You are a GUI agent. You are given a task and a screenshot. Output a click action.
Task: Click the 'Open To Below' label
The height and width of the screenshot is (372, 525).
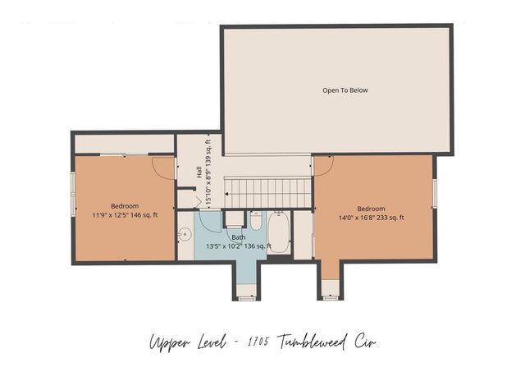coord(345,90)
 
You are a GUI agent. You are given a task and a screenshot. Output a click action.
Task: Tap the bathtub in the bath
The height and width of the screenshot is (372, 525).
coord(279,232)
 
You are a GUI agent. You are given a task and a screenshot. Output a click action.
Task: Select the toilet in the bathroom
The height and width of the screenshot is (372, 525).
coord(255,222)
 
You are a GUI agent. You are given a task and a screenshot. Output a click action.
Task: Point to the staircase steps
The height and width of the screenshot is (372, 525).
coord(269,193)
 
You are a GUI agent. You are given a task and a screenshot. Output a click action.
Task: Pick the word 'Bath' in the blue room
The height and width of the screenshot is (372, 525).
coord(238,237)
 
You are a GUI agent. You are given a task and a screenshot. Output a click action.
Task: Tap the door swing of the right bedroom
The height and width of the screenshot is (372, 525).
coord(322,164)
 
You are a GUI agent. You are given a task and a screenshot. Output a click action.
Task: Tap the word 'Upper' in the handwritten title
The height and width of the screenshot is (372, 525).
coord(167,342)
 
